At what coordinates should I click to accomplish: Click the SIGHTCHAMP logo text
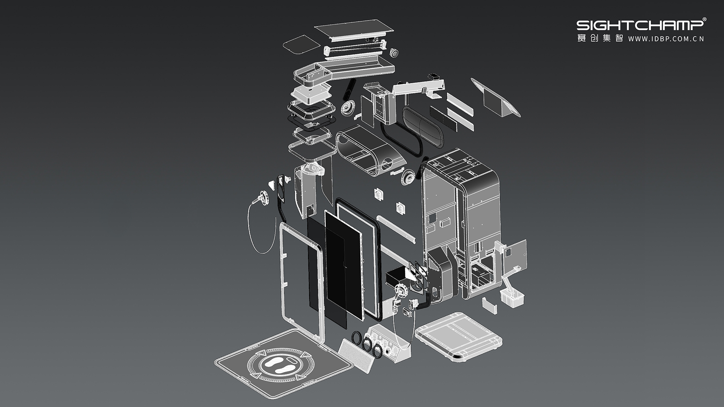tap(640, 25)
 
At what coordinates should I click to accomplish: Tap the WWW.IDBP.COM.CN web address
tap(666, 39)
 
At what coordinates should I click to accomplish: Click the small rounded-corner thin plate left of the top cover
tap(302, 43)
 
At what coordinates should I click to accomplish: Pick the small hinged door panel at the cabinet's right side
tap(515, 255)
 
